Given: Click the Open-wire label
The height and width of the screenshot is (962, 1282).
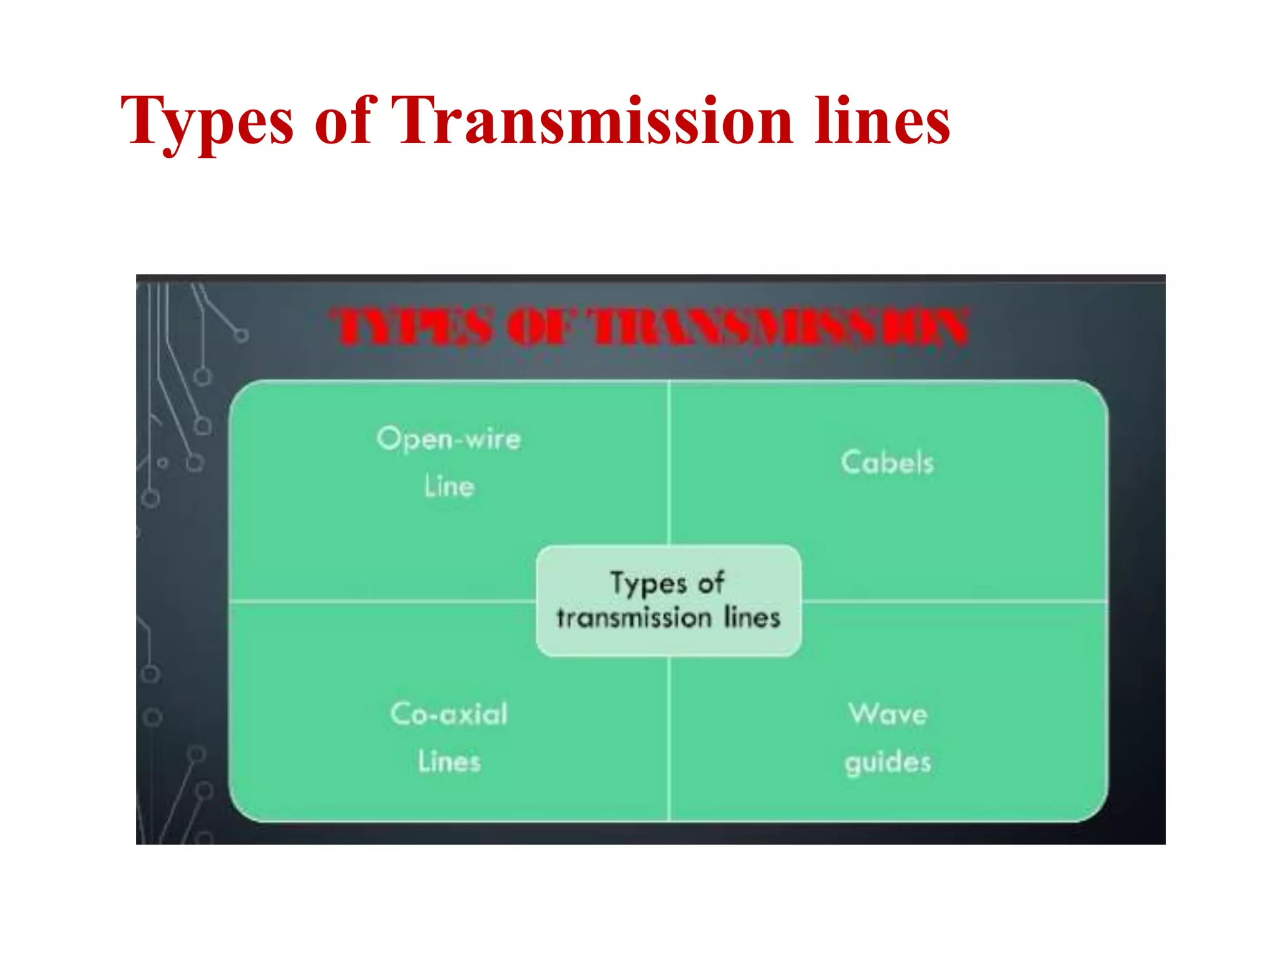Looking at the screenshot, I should [449, 438].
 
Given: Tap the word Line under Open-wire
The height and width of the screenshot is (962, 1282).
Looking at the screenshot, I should [449, 486].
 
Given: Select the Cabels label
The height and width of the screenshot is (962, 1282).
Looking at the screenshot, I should [887, 463].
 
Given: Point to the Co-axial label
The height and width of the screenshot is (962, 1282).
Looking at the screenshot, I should [449, 714].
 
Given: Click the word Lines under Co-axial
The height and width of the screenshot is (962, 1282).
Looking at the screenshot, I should [449, 762].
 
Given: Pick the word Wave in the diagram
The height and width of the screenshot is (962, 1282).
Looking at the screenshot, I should [888, 714].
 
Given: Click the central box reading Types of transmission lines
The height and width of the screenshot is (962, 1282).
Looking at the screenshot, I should [669, 601].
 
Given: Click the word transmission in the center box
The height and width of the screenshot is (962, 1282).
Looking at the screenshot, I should [634, 618].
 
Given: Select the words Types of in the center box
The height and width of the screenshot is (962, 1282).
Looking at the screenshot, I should [667, 583].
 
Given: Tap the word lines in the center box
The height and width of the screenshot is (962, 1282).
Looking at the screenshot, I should [752, 618].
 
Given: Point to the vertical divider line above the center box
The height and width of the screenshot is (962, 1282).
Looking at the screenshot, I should [669, 463].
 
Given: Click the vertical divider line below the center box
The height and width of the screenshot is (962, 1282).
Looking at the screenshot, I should [669, 739].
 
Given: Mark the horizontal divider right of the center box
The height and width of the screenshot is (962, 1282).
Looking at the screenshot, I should [955, 601].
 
